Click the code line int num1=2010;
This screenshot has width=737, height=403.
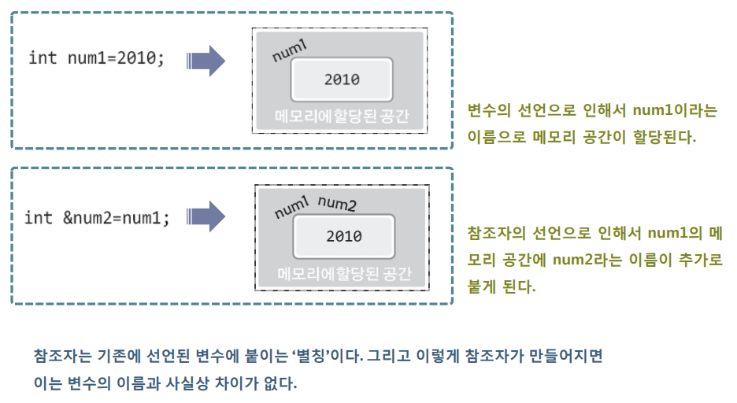(x=96, y=58)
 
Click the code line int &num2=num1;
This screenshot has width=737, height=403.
(x=97, y=217)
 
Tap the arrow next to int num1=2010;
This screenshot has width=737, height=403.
(x=206, y=61)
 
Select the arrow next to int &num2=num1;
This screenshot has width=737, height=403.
(x=206, y=217)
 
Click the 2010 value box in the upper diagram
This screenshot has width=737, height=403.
(x=342, y=79)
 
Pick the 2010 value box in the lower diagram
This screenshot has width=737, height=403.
(x=343, y=235)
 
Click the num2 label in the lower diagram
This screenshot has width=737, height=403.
(x=337, y=205)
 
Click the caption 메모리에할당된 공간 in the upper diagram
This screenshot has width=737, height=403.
(x=342, y=116)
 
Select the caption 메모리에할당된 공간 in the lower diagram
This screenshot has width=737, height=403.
(x=344, y=274)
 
